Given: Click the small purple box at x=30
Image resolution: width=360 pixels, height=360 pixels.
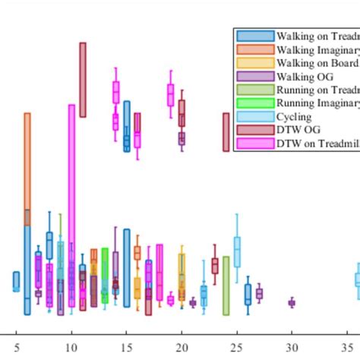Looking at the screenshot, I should click(292, 302).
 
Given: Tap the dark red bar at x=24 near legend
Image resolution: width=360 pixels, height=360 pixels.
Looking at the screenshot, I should click(226, 132).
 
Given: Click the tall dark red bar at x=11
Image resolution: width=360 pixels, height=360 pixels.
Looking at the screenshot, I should click(82, 80).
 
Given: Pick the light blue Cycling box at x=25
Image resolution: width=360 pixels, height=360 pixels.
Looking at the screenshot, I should click(237, 251).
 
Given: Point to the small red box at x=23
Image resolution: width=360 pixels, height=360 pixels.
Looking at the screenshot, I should click(215, 265).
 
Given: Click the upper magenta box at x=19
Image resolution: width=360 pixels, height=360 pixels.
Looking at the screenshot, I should click(171, 95).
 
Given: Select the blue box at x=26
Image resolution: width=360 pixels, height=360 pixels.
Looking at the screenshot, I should click(248, 294).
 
